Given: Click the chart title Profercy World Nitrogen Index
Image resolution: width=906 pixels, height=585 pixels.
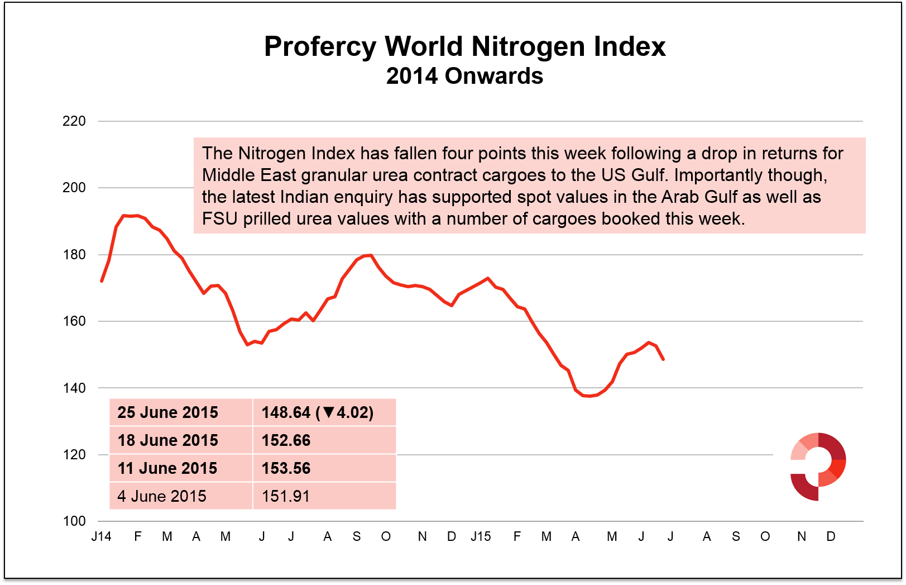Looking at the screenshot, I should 464,46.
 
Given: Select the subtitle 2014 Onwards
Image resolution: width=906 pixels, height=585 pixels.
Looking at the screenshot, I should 464,76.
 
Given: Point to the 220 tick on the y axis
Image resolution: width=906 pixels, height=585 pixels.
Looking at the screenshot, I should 74,121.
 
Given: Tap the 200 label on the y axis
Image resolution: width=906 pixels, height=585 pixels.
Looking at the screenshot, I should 74,188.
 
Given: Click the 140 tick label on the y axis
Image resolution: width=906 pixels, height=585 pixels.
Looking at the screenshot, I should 74,388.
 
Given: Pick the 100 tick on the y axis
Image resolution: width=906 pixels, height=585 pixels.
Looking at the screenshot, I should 74,521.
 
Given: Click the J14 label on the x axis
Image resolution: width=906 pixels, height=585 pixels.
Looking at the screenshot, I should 101,537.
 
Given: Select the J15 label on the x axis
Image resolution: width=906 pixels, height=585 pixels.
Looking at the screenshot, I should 481,537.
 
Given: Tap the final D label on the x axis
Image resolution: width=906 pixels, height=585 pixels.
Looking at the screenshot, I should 831,537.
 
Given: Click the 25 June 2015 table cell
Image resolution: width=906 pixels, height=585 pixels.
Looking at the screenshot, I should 167,412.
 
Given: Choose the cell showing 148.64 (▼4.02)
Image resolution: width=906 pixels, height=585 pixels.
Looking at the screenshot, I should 317,412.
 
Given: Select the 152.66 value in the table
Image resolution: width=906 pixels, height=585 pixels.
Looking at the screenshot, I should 286,440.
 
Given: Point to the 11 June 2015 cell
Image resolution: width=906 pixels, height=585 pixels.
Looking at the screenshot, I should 167,468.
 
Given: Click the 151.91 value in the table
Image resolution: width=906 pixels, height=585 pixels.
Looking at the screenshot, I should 285,496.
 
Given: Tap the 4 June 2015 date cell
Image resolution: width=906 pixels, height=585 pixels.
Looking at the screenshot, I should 161,496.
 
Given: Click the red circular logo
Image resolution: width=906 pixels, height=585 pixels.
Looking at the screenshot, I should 818,467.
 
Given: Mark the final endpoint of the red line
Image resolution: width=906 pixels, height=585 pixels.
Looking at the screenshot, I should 663,359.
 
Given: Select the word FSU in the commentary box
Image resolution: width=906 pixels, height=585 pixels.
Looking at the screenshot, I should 220,218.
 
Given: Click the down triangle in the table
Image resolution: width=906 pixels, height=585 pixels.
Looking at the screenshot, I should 328,412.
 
